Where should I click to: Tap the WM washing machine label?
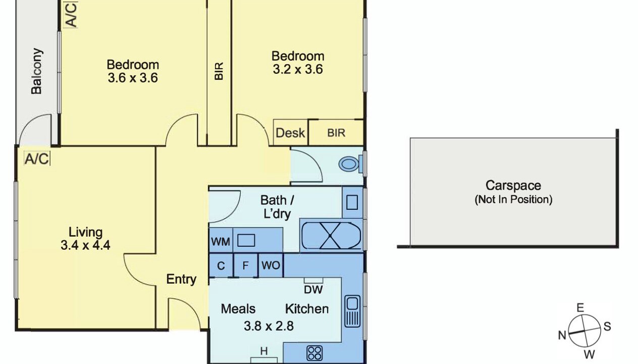(x=221, y=242)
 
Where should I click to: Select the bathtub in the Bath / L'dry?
(x=331, y=236)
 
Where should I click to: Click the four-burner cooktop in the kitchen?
(x=314, y=353)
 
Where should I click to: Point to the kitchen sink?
(x=352, y=311)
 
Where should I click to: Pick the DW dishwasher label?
(x=313, y=290)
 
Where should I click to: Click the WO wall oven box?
(x=271, y=265)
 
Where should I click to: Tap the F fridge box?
(x=245, y=265)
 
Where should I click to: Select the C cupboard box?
(x=221, y=265)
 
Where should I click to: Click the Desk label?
(x=290, y=133)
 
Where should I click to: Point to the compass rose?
(x=584, y=331)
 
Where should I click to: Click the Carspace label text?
(x=513, y=186)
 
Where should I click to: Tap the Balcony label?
(x=37, y=71)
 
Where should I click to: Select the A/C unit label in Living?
(x=37, y=159)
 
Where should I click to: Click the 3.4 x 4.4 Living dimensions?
(x=85, y=245)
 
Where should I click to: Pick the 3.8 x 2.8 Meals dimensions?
(x=269, y=326)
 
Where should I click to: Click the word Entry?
(x=181, y=279)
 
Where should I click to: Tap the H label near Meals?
(x=264, y=351)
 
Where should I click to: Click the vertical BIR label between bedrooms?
(x=219, y=71)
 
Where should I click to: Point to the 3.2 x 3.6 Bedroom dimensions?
(x=298, y=69)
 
